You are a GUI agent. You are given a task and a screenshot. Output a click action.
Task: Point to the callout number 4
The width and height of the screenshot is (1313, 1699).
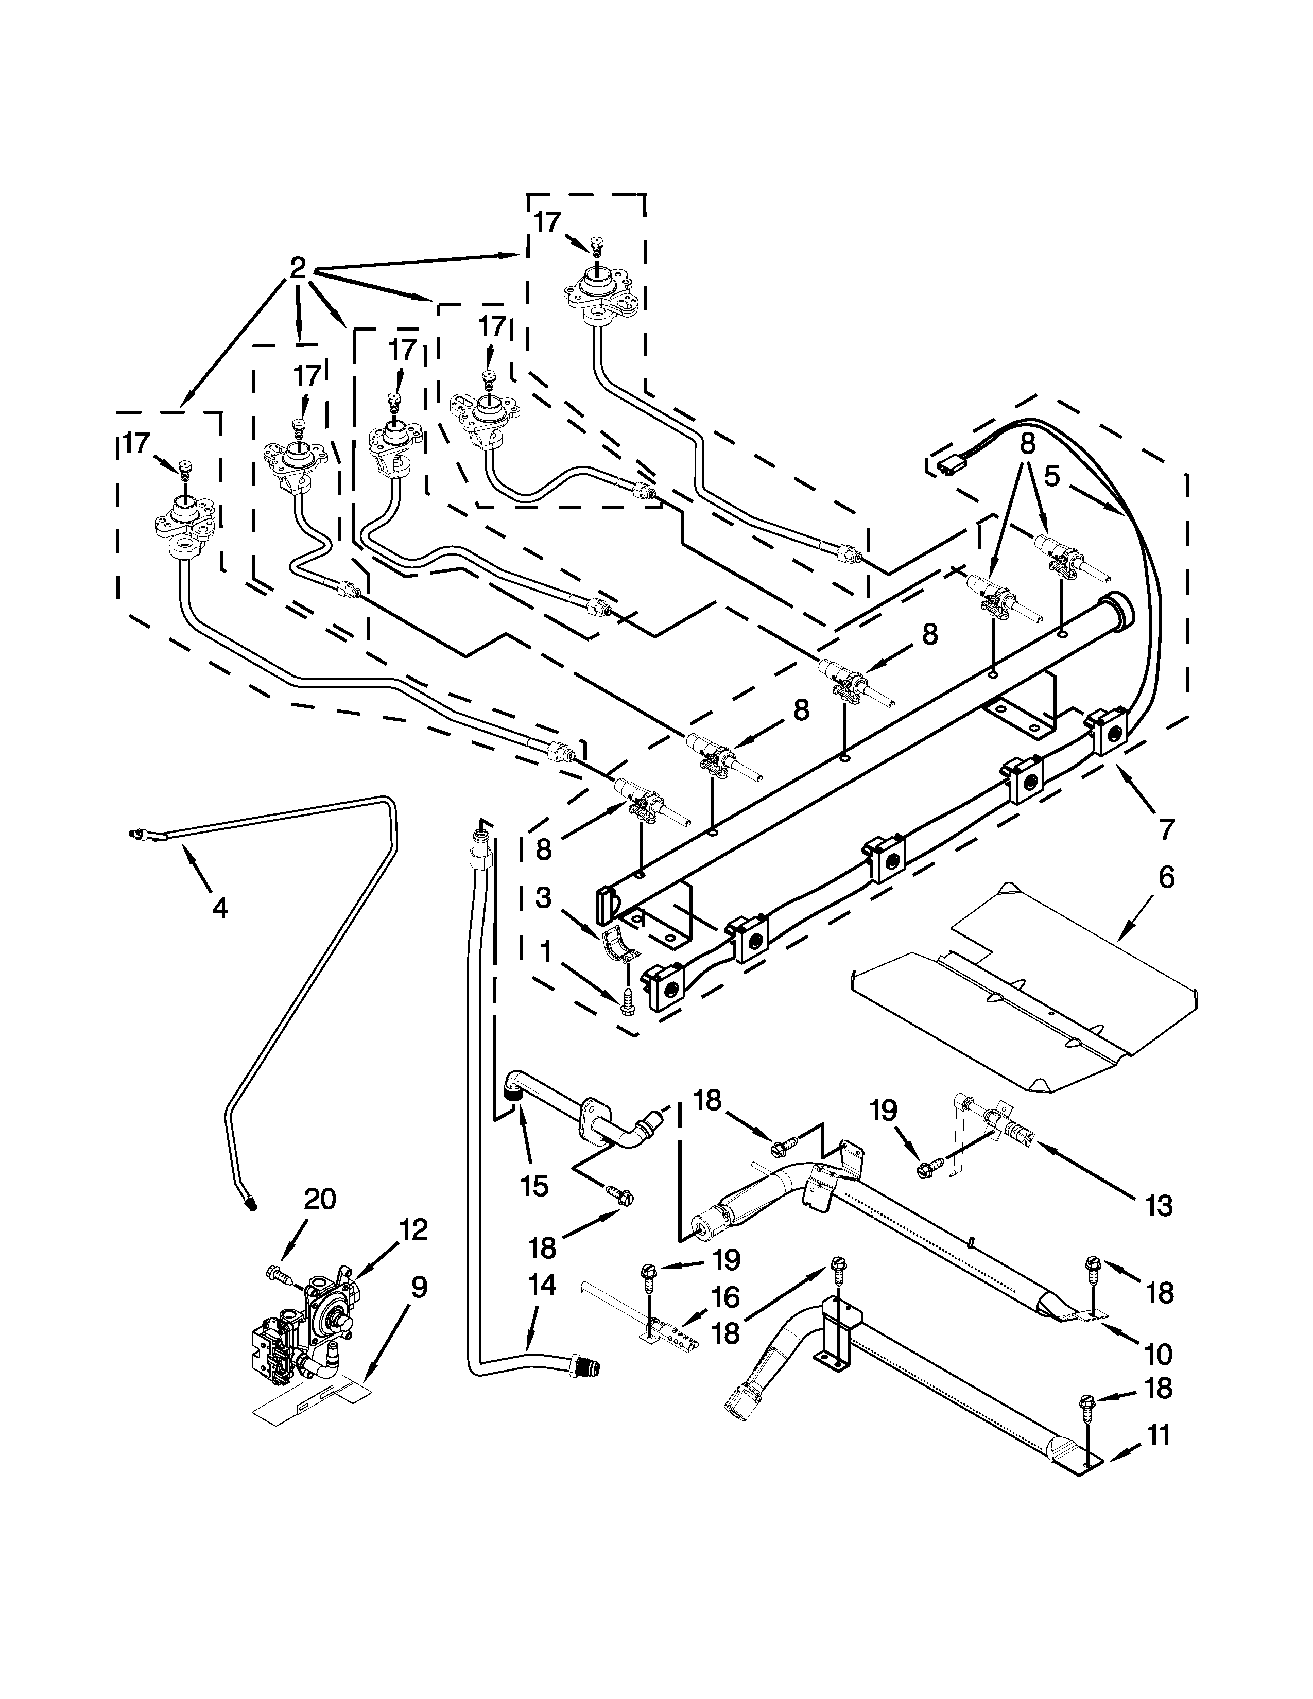pyautogui.click(x=220, y=908)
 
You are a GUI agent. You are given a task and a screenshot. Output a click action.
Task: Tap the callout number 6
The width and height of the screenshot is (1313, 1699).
pyautogui.click(x=1166, y=877)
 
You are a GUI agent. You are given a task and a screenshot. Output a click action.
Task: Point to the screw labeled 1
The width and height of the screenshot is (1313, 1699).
pyautogui.click(x=627, y=1003)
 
